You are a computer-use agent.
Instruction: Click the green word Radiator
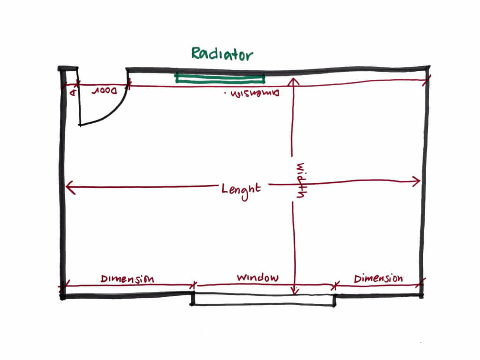[222, 54]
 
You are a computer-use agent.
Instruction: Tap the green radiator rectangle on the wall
[220, 78]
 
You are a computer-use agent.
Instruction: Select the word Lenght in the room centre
[241, 189]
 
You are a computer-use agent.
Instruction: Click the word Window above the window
[257, 277]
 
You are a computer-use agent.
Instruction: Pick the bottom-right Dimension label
[378, 278]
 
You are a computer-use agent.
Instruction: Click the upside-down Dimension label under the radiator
[252, 93]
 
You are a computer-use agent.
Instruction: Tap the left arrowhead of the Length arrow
[69, 187]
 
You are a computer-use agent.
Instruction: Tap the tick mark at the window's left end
[195, 285]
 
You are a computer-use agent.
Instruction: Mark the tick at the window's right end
[334, 285]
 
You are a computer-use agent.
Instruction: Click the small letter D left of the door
[73, 92]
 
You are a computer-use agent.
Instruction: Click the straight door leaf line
[79, 101]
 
